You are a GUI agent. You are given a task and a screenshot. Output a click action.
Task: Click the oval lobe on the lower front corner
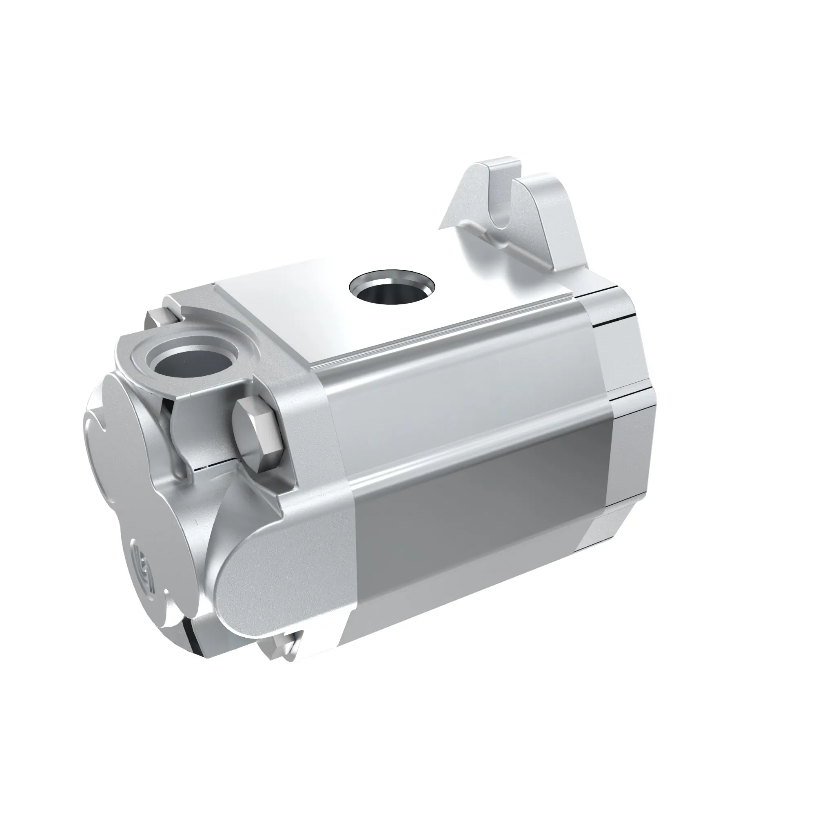coord(271,566)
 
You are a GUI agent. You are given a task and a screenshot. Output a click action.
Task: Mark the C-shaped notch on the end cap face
coord(95,427)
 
